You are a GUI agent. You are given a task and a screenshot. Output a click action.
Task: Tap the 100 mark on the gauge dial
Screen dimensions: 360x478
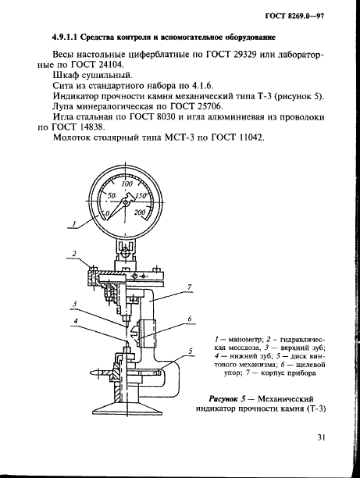[x=117, y=184]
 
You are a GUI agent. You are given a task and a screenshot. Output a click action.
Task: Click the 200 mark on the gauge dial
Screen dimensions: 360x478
[x=141, y=212]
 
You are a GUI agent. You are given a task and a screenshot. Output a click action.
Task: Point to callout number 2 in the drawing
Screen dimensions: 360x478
[x=73, y=254]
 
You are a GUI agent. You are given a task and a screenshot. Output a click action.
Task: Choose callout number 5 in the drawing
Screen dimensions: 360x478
[x=189, y=352]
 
